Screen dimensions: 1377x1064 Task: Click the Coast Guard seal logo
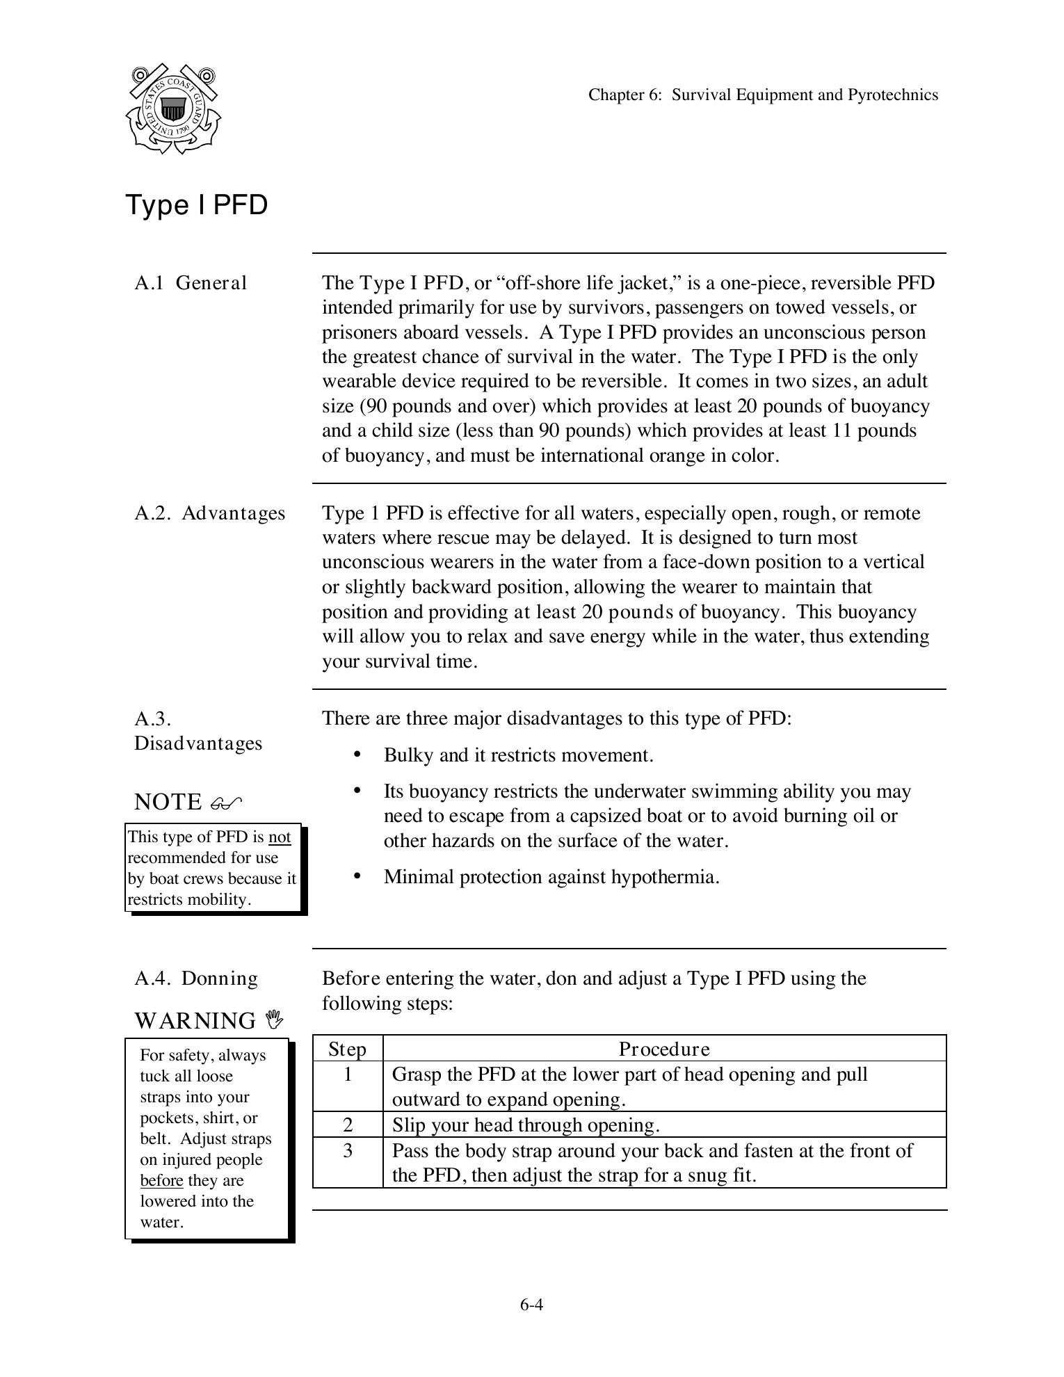pos(172,108)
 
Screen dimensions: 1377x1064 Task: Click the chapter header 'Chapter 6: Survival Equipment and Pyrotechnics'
pos(763,95)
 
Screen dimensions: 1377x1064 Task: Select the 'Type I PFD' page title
pos(197,205)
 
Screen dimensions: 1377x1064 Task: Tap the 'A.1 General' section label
pos(191,283)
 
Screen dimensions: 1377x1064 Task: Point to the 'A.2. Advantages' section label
pos(209,513)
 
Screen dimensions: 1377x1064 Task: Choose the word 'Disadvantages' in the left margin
pos(198,743)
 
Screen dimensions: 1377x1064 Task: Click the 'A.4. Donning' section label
pos(196,979)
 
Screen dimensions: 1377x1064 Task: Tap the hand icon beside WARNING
pos(275,1020)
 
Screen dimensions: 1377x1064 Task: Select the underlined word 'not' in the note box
pos(280,837)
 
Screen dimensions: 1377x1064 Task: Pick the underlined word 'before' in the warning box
pos(161,1180)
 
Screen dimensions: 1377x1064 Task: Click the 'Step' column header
pos(347,1049)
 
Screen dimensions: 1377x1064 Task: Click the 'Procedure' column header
pos(664,1049)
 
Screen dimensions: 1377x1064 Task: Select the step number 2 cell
pos(348,1125)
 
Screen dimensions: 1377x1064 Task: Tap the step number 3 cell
pos(348,1151)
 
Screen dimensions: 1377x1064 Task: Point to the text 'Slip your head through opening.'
pos(526,1125)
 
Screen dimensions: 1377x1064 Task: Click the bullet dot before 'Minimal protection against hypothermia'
pos(357,876)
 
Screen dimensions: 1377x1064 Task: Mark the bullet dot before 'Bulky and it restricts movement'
pos(357,755)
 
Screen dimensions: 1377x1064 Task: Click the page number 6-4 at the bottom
pos(531,1305)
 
